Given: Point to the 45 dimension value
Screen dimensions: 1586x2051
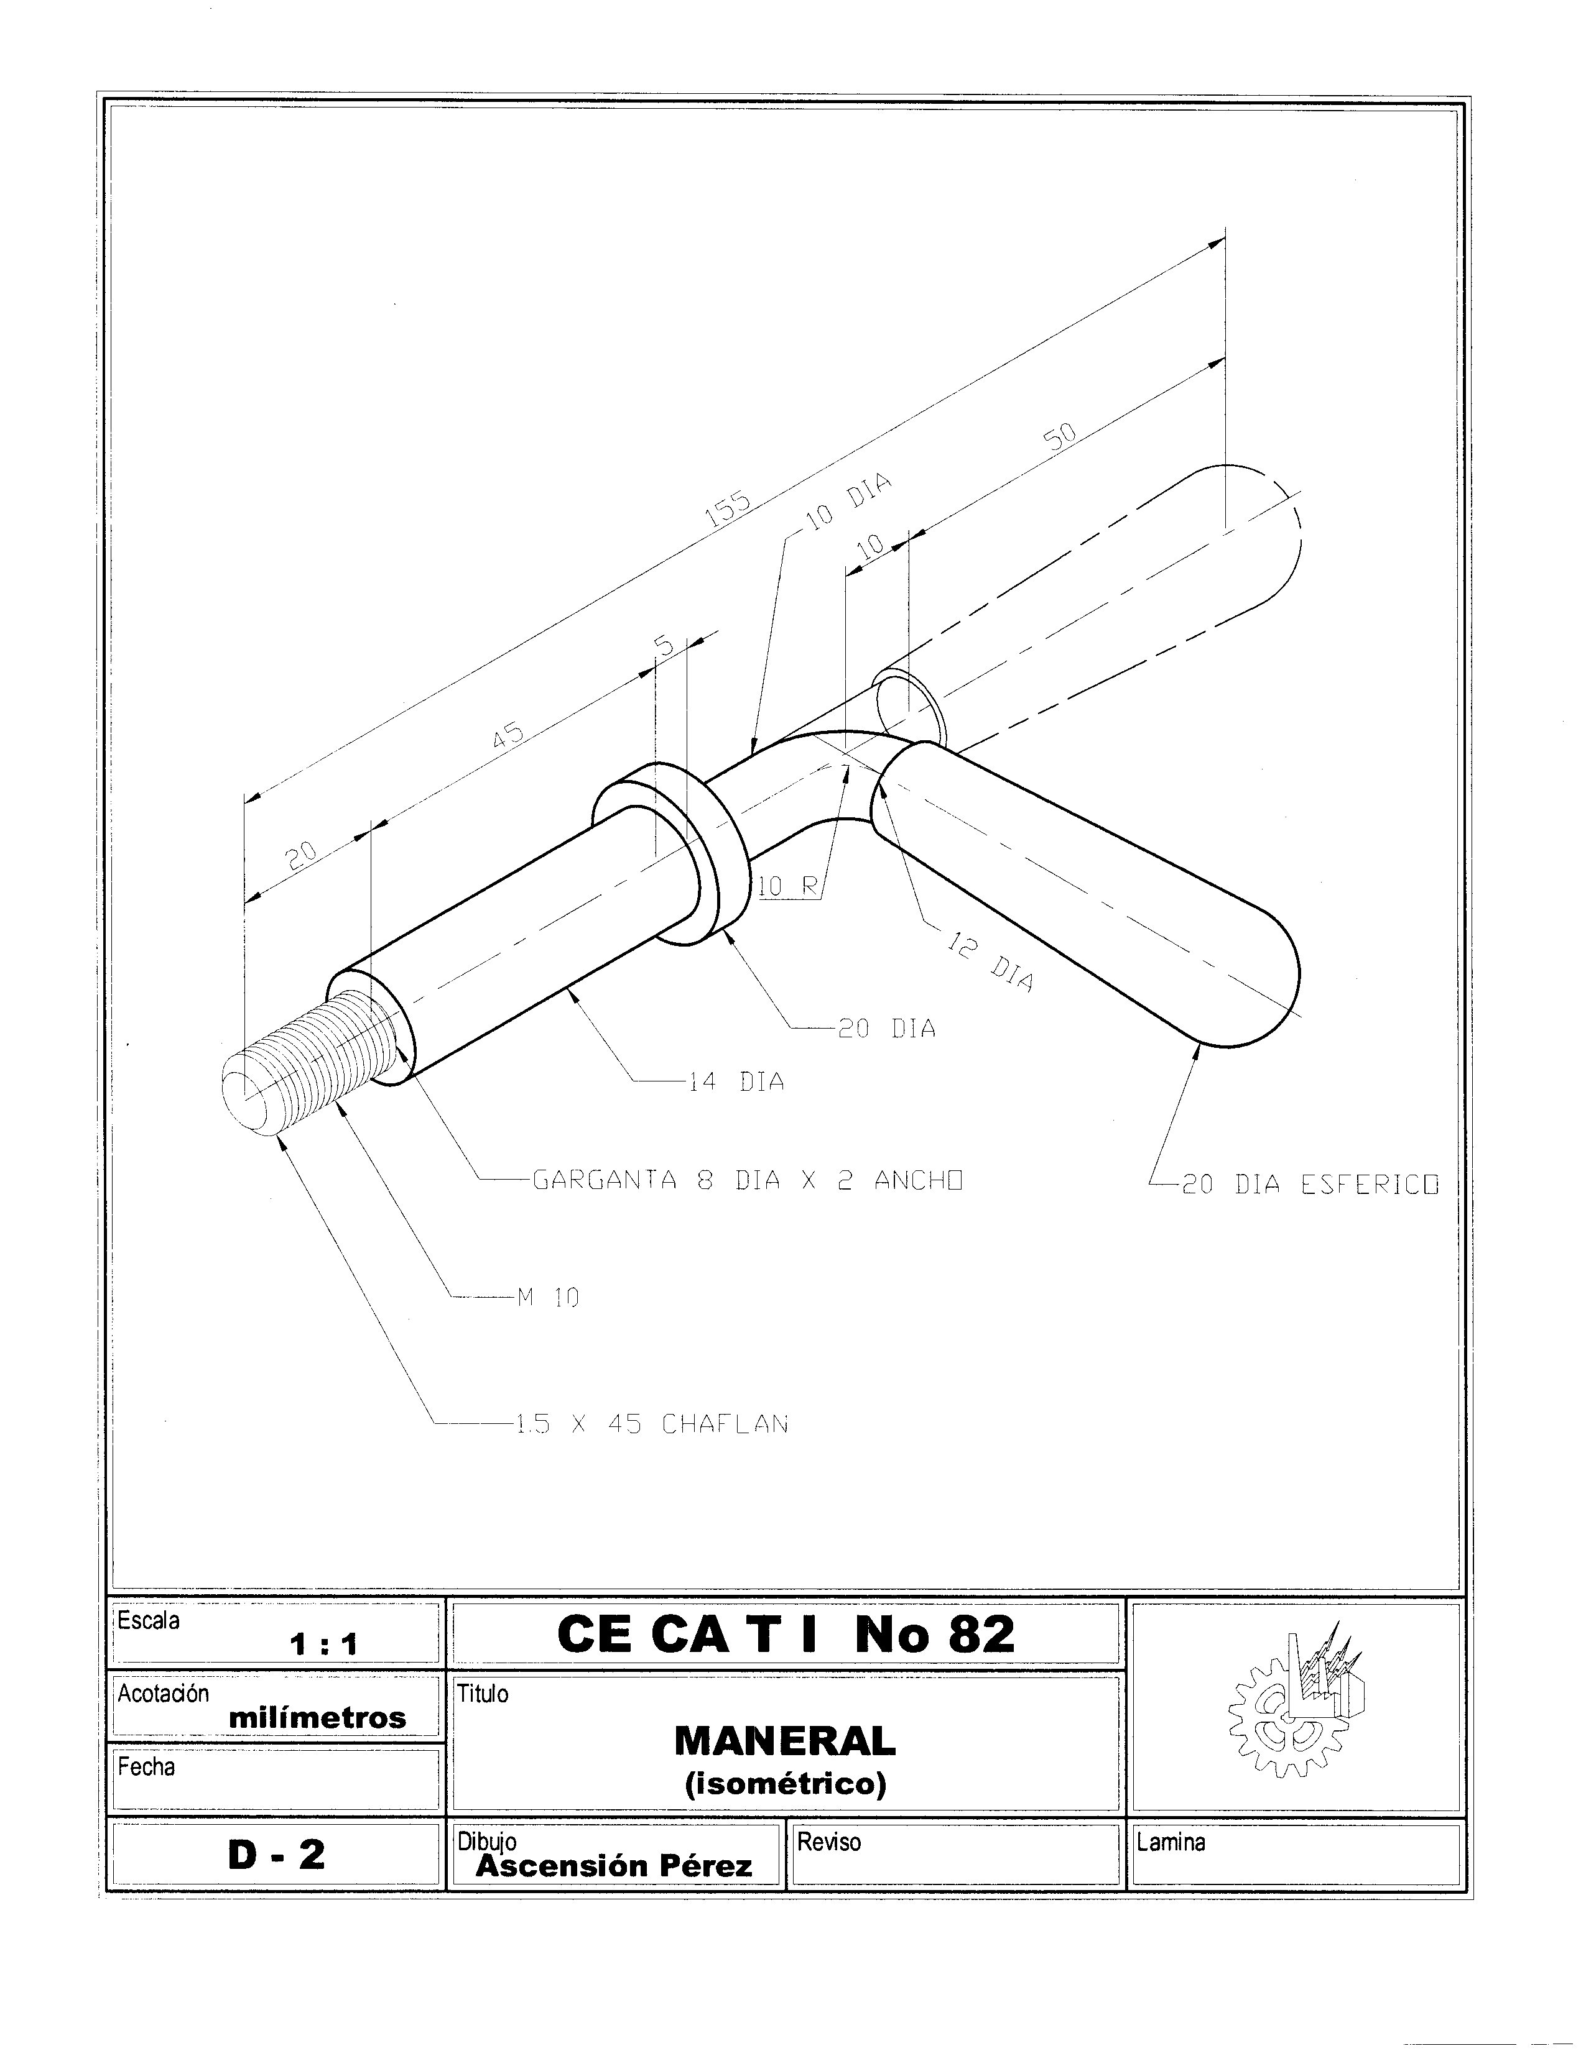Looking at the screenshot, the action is point(508,735).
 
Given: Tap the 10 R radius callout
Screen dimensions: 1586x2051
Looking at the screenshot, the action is point(787,886).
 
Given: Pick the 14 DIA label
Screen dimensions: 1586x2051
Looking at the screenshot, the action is point(736,1082).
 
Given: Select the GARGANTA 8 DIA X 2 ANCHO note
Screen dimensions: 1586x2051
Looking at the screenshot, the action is point(748,1180).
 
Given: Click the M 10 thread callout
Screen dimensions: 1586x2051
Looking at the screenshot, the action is point(548,1298).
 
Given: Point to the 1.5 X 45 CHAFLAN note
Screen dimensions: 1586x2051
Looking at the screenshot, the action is point(651,1424).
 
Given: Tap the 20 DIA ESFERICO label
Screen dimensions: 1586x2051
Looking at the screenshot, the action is point(1310,1185).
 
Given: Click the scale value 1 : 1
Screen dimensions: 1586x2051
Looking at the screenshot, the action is point(324,1645).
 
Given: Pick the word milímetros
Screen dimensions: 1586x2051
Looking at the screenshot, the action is point(318,1718).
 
